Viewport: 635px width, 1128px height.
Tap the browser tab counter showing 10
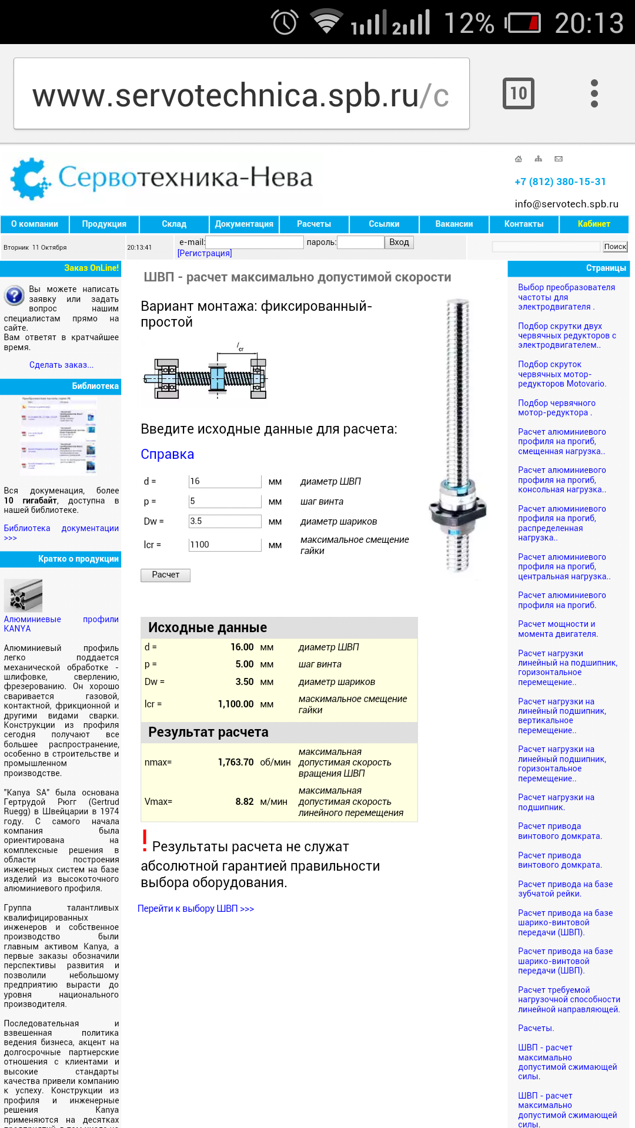coord(518,93)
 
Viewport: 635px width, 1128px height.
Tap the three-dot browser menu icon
coord(594,93)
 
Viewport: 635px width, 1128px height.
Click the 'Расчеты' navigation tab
coord(314,224)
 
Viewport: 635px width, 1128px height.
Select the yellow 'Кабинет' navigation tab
coord(594,224)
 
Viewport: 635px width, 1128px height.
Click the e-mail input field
coord(255,242)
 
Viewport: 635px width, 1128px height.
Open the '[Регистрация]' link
coord(205,253)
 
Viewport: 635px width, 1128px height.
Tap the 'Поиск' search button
coord(615,247)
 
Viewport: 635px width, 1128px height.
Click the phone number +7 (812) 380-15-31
coord(560,182)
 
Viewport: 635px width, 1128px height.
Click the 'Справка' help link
coord(167,454)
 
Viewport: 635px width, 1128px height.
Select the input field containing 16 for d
coord(225,481)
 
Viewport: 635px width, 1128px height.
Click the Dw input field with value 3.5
coord(225,521)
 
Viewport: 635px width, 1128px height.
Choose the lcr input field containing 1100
coord(225,545)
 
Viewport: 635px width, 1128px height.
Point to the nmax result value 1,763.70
coord(236,762)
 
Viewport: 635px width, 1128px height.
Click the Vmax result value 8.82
coord(245,801)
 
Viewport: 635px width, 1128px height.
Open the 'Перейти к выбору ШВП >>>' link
coord(196,908)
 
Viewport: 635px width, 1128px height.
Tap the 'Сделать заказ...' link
coord(61,365)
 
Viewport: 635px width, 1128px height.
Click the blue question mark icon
coord(14,295)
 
